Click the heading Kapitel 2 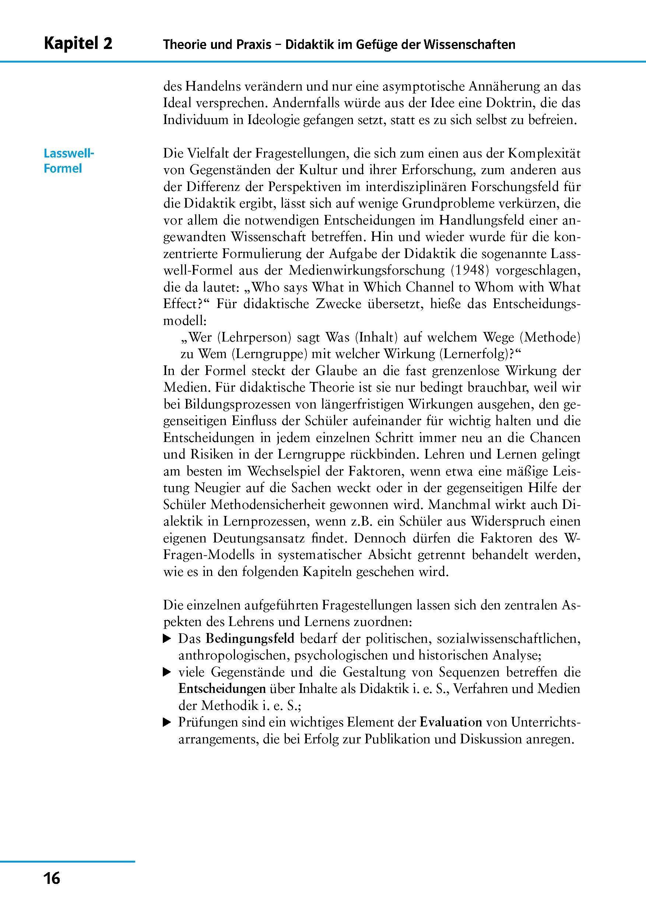point(78,43)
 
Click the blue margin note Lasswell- point(69,153)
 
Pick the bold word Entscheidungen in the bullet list point(222,689)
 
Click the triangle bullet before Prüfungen point(167,722)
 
